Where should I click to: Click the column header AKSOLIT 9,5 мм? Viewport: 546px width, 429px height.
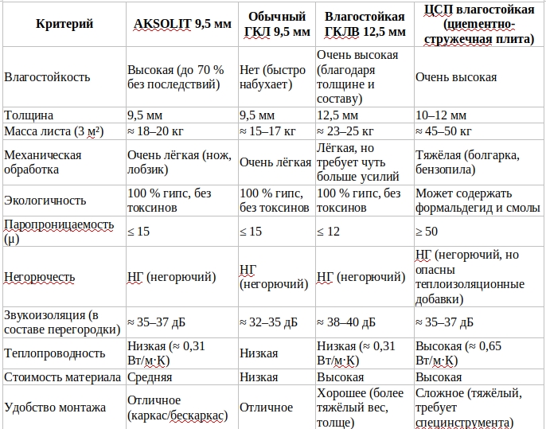point(181,24)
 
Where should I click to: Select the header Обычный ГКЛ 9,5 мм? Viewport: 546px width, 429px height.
point(278,25)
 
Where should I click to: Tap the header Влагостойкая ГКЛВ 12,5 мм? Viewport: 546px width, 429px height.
point(364,25)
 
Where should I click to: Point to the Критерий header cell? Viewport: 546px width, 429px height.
point(64,24)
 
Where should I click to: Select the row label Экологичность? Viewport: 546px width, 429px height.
point(45,201)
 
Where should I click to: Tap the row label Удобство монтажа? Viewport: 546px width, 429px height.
point(55,408)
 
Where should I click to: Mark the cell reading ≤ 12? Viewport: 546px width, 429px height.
point(330,232)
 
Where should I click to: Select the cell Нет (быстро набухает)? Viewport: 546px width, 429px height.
point(273,77)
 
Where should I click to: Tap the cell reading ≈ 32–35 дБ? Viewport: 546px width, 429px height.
point(269,322)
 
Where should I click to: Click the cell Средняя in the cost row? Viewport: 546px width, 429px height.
point(150,377)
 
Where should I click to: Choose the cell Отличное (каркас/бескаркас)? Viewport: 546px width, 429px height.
point(177,408)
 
